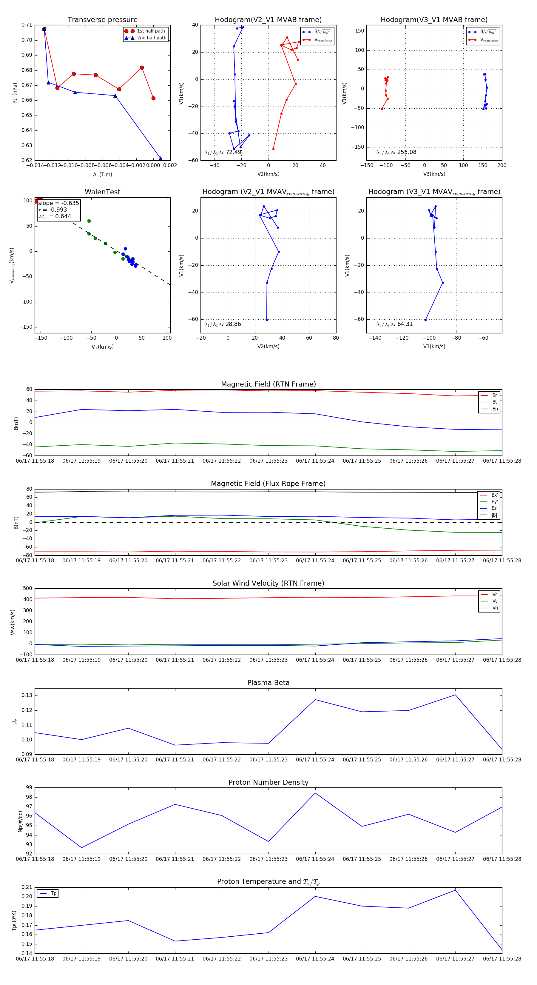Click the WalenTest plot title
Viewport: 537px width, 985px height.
pyautogui.click(x=102, y=192)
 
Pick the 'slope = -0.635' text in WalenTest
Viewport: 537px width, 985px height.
pyautogui.click(x=58, y=203)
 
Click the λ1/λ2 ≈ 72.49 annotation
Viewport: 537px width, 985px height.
pyautogui.click(x=223, y=152)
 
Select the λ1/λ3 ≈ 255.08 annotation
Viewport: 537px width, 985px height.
pyautogui.click(x=396, y=152)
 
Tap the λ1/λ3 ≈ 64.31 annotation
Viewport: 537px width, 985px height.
pyautogui.click(x=394, y=324)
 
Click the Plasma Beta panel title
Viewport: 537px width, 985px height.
pyautogui.click(x=268, y=683)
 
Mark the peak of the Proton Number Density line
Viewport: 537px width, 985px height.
pyautogui.click(x=315, y=793)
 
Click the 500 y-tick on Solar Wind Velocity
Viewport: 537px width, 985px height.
pyautogui.click(x=27, y=589)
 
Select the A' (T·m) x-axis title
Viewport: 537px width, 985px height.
pyautogui.click(x=102, y=175)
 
